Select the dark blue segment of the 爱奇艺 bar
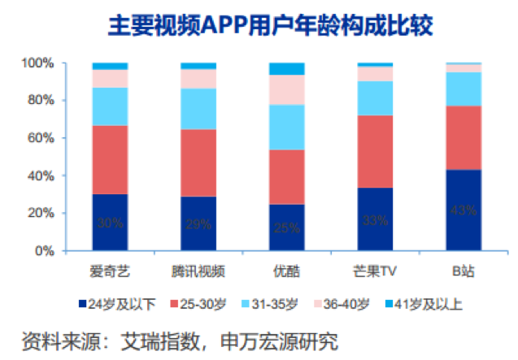pos(110,222)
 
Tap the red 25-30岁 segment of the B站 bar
pos(463,137)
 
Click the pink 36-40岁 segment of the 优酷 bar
pos(286,89)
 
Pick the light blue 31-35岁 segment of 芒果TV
pos(375,98)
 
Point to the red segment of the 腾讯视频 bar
pos(198,163)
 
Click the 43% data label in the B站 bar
pos(463,210)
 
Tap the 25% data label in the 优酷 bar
pos(286,228)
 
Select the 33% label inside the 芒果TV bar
pos(375,220)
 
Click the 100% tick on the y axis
pos(38,63)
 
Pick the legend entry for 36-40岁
pos(342,305)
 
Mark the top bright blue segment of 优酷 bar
pos(286,68)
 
